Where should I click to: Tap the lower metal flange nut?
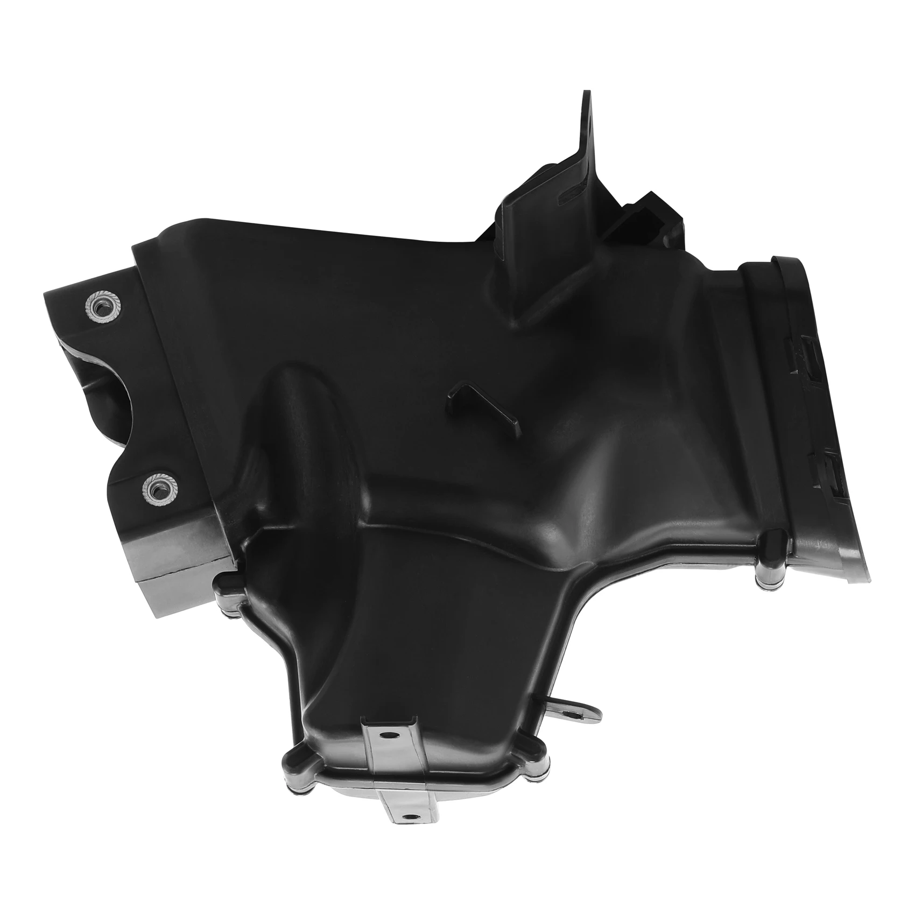pos(157,489)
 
